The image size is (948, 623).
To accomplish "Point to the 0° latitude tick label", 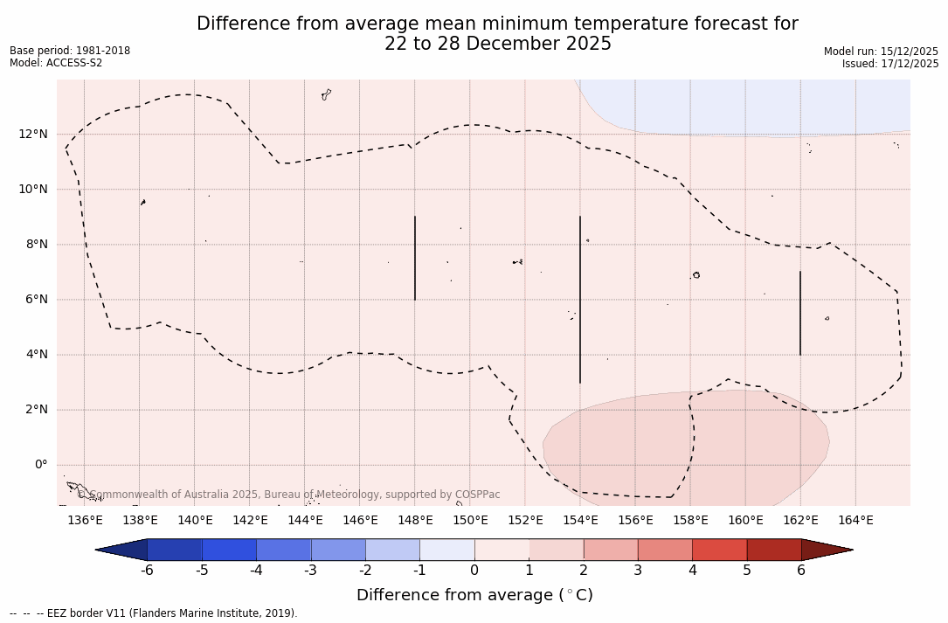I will pos(40,465).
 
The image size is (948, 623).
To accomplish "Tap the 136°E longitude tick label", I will pos(85,521).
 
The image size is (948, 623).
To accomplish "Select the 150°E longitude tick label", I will pos(470,521).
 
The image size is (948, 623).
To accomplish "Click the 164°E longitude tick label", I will pos(855,521).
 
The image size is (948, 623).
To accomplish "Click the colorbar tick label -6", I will pos(147,571).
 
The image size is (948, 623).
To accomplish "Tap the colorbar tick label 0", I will pos(474,571).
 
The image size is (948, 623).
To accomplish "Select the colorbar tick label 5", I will pos(747,571).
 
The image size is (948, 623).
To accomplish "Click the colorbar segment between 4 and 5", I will pos(719,550).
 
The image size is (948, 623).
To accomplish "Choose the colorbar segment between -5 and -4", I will pos(229,550).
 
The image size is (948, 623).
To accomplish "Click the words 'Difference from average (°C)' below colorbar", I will pos(474,595).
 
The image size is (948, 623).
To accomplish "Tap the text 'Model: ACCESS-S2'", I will pos(56,63).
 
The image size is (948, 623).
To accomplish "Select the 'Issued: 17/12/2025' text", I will pos(890,64).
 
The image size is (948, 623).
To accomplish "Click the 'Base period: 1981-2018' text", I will pos(70,51).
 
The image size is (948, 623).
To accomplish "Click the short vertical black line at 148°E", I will pos(415,258).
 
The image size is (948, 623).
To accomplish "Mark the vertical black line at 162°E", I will pos(800,313).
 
